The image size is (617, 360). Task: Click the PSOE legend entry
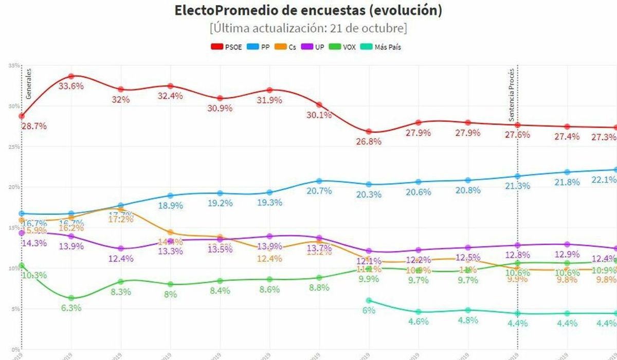226,47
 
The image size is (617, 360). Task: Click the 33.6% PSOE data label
71,86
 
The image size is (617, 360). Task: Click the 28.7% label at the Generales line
34,126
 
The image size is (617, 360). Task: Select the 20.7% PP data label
319,191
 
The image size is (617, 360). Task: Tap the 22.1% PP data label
605,179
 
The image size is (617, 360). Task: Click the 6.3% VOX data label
71,308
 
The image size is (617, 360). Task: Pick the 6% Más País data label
369,310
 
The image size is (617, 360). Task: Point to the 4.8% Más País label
468,320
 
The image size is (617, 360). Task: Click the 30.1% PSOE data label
319,115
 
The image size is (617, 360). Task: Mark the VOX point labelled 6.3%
71,298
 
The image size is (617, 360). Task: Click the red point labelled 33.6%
71,76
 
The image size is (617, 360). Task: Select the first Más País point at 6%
369,300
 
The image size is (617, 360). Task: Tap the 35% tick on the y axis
14,66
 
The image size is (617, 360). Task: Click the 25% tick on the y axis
14,147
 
